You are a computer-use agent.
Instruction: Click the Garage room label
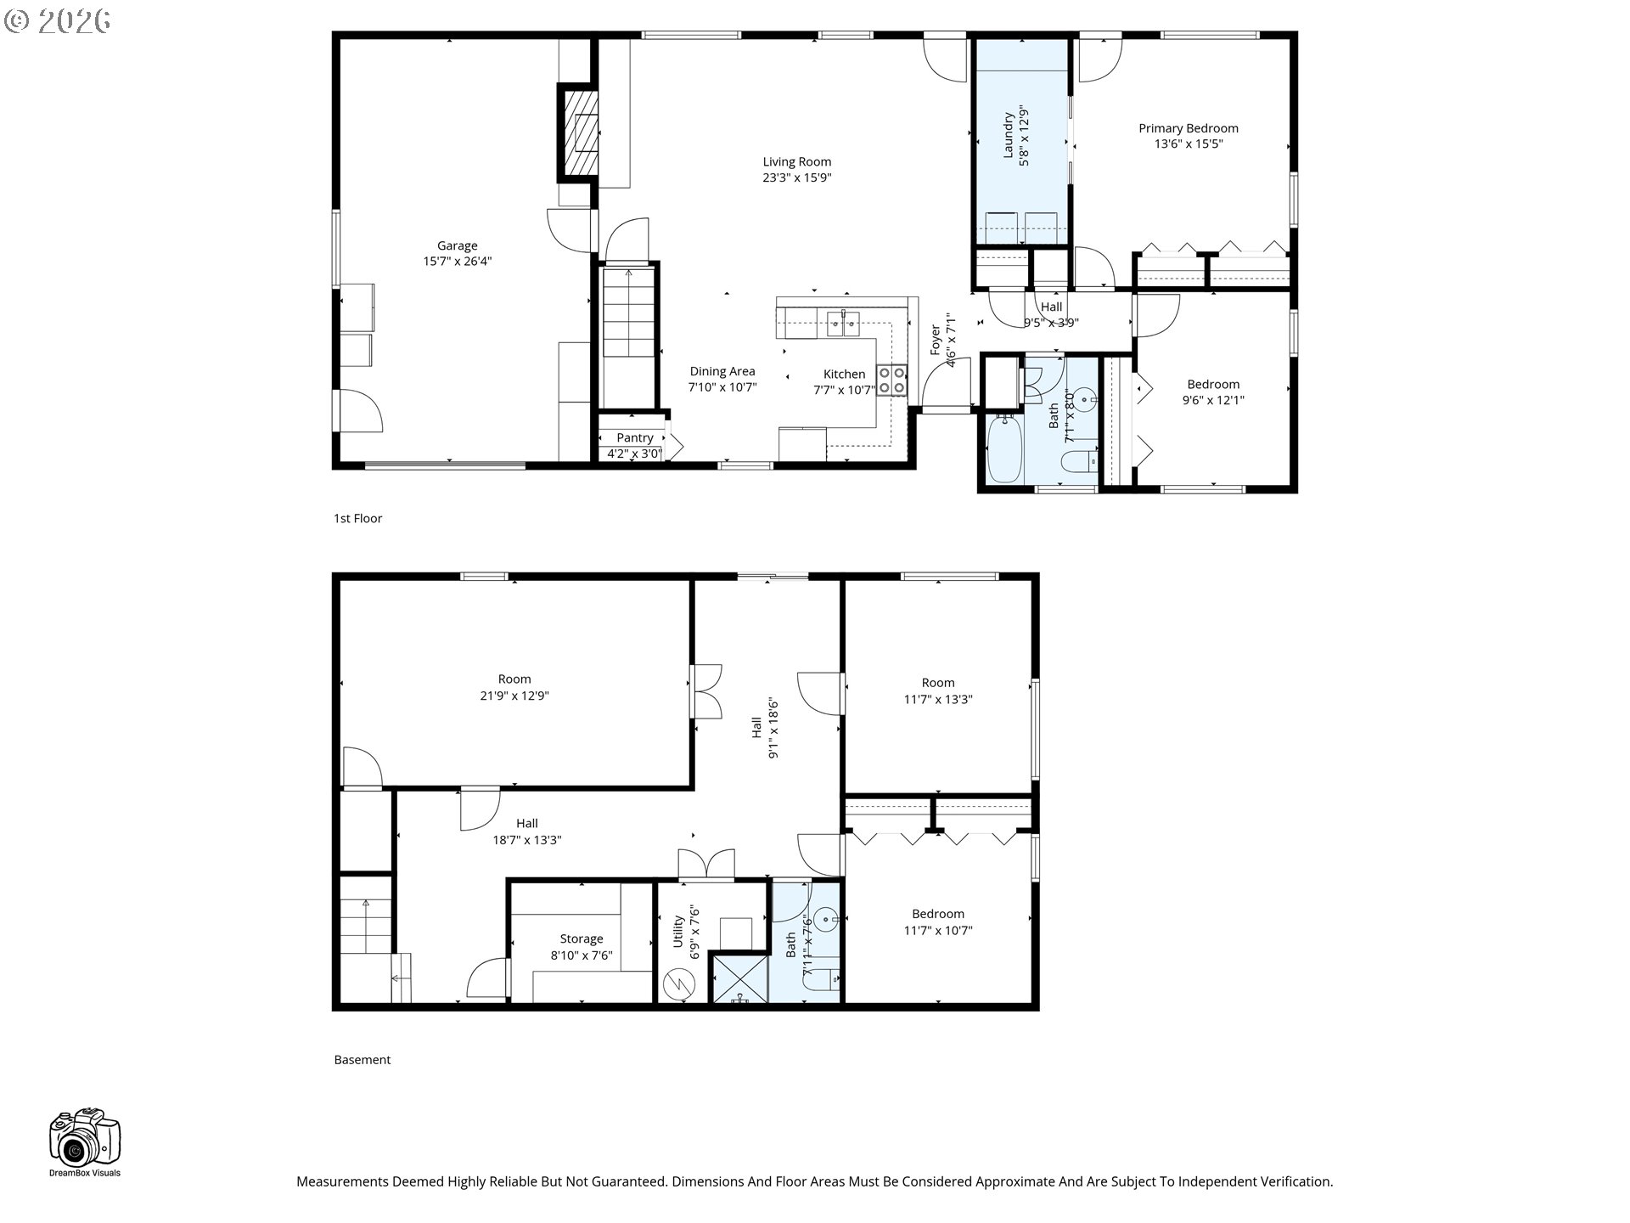(457, 246)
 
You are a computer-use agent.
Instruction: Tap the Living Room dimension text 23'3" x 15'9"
(796, 178)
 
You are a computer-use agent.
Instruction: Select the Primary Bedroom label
(1188, 128)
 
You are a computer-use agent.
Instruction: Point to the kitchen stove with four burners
(891, 380)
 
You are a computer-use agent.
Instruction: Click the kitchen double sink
(843, 323)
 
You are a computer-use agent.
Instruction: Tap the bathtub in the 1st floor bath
(1004, 448)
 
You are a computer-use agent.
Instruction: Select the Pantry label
(634, 437)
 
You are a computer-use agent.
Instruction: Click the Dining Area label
(722, 371)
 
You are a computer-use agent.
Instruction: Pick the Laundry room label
(1009, 135)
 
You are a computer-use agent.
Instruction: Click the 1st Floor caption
(357, 518)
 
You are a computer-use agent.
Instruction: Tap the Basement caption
(362, 1060)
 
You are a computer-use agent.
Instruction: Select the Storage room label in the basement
(581, 938)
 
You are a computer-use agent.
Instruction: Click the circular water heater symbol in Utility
(679, 984)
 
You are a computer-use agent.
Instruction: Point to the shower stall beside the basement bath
(739, 978)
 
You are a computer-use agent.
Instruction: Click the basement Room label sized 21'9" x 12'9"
(514, 679)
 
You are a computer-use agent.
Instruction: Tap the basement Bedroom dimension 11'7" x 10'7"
(937, 930)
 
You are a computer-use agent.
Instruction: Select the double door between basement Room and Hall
(706, 691)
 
